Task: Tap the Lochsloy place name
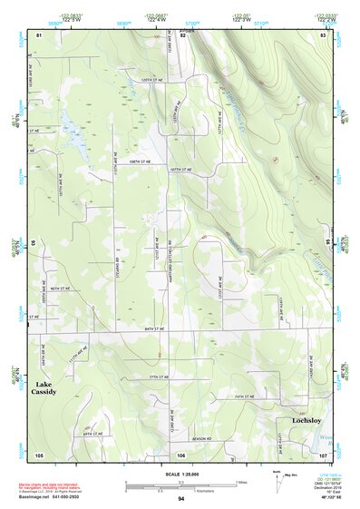coord(306,421)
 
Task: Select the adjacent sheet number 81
coord(39,34)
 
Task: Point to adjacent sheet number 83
coord(324,34)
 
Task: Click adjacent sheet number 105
coord(39,454)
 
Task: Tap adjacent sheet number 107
coord(322,454)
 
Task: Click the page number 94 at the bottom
coord(181,499)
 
